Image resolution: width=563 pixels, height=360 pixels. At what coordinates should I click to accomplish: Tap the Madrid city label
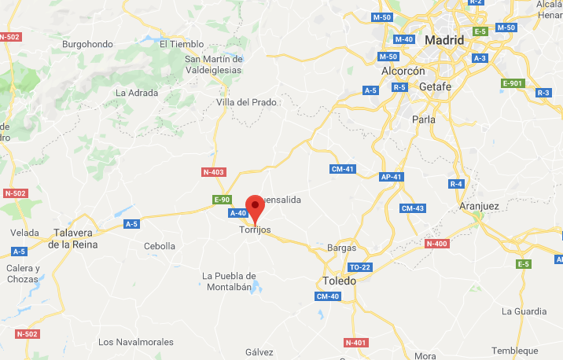pyautogui.click(x=444, y=40)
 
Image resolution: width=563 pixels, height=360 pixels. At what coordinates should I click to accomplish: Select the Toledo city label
pyautogui.click(x=340, y=281)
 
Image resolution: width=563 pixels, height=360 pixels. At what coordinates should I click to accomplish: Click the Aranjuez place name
pyautogui.click(x=479, y=206)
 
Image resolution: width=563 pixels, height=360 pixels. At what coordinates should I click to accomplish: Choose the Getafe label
pyautogui.click(x=435, y=86)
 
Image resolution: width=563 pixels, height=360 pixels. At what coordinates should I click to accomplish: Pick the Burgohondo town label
pyautogui.click(x=89, y=44)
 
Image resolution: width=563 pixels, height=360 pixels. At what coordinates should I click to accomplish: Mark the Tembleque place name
pyautogui.click(x=515, y=351)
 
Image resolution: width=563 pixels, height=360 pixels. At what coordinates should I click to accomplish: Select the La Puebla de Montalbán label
pyautogui.click(x=230, y=281)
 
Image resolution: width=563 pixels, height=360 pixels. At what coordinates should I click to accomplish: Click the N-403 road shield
pyautogui.click(x=213, y=171)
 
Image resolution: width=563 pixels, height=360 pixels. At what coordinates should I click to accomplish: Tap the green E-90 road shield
pyautogui.click(x=223, y=200)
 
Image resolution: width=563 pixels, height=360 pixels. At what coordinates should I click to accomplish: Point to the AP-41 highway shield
pyautogui.click(x=390, y=177)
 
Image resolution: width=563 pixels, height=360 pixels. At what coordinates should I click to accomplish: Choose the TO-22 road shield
pyautogui.click(x=359, y=267)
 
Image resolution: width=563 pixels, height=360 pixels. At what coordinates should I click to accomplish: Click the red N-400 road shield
pyautogui.click(x=436, y=244)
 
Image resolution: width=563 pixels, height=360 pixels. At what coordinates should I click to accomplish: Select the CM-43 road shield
pyautogui.click(x=412, y=208)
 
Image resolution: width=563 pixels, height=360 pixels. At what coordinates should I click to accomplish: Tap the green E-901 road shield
pyautogui.click(x=512, y=83)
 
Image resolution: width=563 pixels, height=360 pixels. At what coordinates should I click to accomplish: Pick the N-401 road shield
pyautogui.click(x=355, y=343)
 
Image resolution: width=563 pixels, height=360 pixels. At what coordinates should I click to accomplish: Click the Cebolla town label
pyautogui.click(x=160, y=246)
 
